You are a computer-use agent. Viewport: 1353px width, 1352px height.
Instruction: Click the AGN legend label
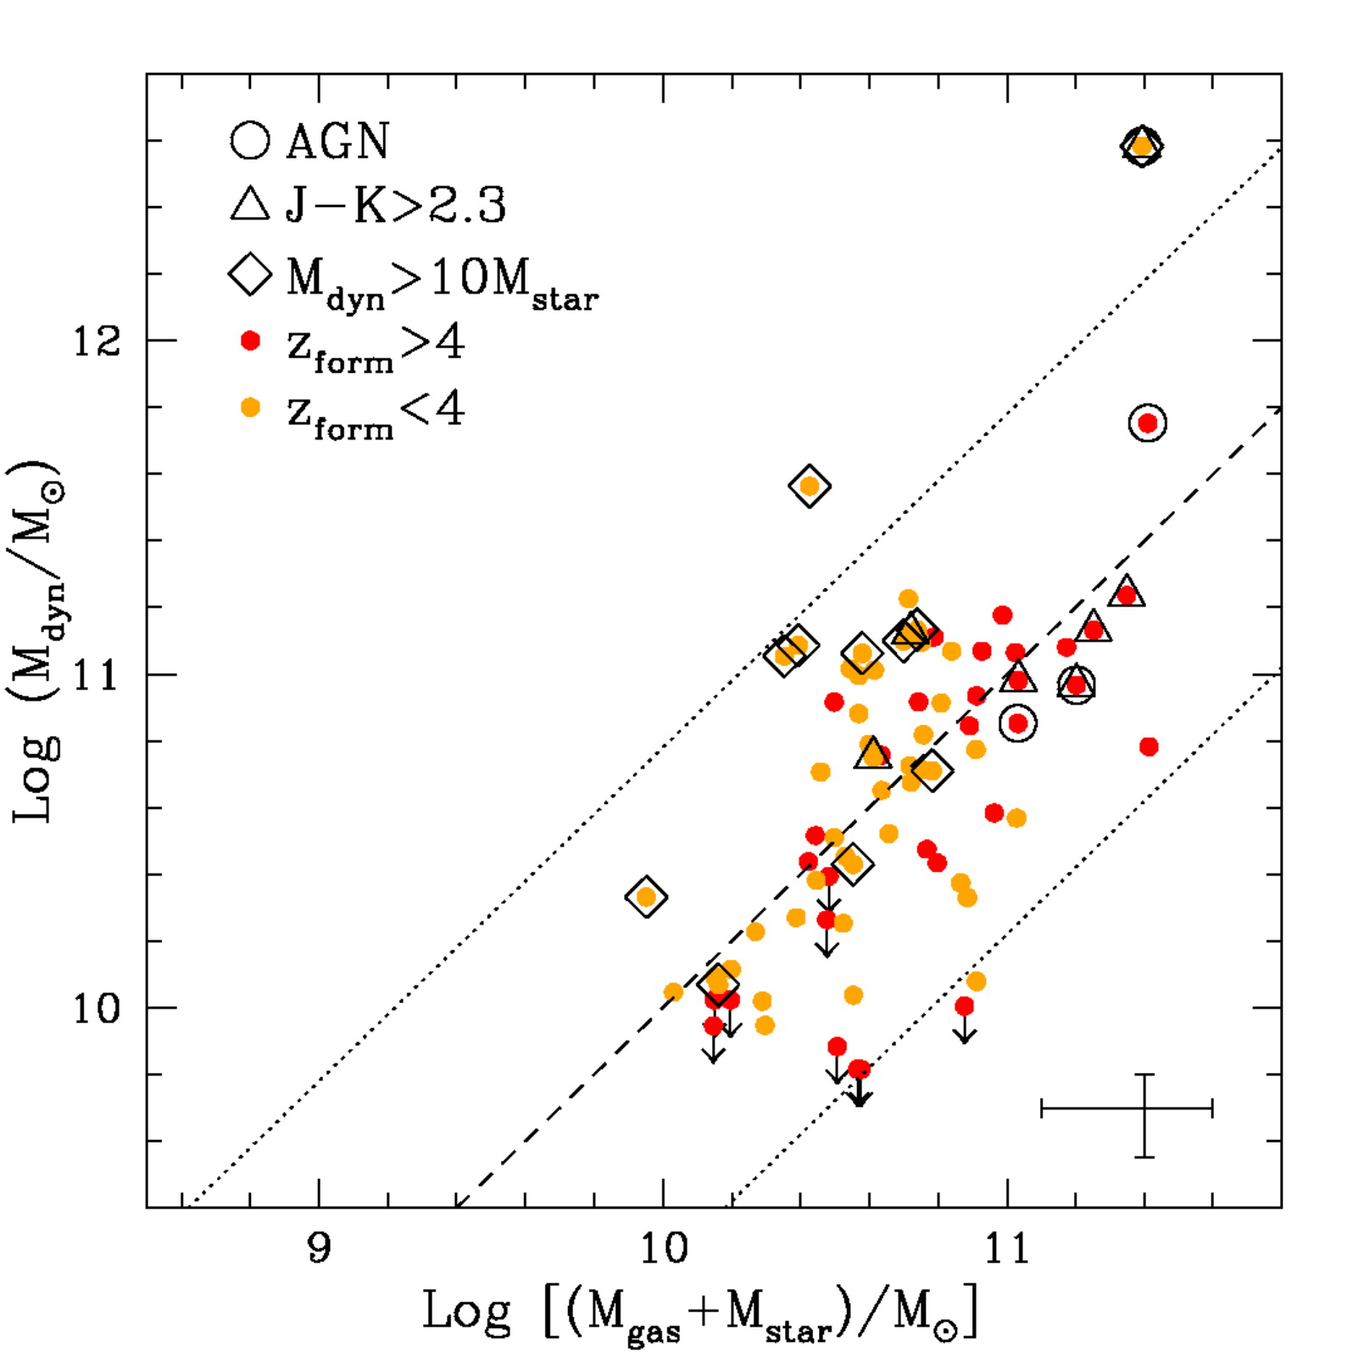tap(337, 141)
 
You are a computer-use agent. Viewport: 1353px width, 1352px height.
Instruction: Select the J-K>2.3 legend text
tap(395, 206)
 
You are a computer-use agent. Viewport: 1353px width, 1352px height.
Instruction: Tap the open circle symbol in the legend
tap(250, 140)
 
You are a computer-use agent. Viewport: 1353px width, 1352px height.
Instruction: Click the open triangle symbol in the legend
tap(250, 205)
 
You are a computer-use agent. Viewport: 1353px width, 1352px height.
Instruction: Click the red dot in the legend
tap(250, 341)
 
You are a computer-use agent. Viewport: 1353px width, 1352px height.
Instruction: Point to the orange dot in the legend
tap(250, 408)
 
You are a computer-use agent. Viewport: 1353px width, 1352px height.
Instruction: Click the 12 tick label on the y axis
tap(97, 341)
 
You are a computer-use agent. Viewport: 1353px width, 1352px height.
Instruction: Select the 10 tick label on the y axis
tap(97, 1008)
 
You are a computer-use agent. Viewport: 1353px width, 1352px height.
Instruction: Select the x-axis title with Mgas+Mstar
tap(700, 1312)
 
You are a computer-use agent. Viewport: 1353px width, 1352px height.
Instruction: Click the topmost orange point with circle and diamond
tap(1142, 147)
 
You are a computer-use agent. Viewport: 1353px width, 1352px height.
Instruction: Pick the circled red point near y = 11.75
tap(1148, 422)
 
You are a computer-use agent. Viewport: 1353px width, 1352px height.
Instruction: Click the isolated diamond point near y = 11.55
tap(810, 486)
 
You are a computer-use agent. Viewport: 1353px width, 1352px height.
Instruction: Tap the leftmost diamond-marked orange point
tap(646, 897)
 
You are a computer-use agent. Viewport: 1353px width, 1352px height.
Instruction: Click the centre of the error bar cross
tap(1144, 1109)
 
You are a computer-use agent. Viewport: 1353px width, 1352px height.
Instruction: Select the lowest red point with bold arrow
tap(859, 1069)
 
